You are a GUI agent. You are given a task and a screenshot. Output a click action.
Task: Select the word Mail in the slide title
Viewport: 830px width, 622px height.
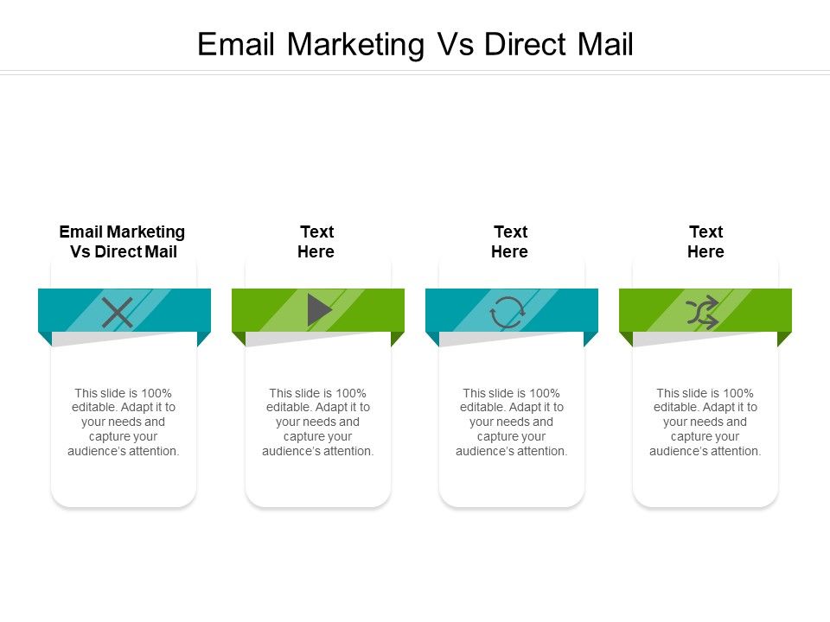point(605,44)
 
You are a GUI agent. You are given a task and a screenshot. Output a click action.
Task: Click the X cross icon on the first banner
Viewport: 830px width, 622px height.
point(118,312)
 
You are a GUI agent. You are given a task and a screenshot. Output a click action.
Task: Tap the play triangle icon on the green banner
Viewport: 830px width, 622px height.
point(319,310)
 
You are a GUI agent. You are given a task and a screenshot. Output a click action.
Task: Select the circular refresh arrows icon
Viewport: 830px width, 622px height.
point(507,312)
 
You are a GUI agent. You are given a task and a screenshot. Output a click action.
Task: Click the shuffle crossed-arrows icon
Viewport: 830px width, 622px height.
point(702,312)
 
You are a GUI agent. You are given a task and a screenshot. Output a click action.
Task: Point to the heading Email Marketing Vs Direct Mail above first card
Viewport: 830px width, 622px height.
point(123,242)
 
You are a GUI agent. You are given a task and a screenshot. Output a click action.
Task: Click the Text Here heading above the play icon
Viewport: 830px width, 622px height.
point(316,242)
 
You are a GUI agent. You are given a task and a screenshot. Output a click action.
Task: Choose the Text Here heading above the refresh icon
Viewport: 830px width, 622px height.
point(510,242)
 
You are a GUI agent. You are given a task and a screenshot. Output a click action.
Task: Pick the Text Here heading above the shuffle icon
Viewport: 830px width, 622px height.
point(705,242)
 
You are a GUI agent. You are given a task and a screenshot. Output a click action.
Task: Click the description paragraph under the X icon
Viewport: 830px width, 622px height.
point(124,422)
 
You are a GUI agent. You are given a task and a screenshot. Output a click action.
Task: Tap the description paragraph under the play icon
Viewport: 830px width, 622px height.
point(318,422)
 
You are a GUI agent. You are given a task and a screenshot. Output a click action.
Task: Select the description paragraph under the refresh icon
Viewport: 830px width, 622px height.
point(512,422)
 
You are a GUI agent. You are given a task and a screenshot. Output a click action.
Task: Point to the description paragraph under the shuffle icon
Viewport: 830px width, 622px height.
point(705,422)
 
